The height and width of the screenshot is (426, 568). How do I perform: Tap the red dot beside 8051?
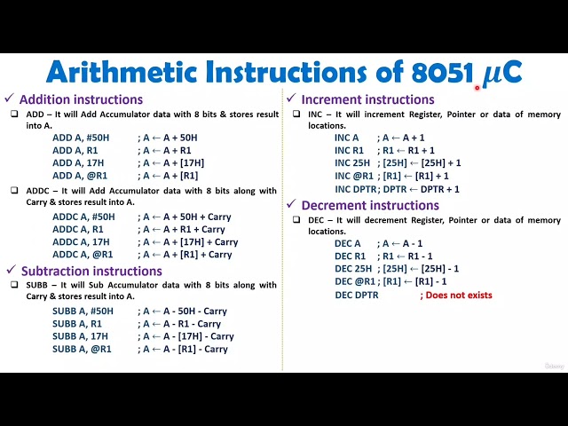click(477, 87)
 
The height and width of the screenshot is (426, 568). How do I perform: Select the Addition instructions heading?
click(81, 99)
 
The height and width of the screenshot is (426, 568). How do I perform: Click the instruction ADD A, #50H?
click(81, 138)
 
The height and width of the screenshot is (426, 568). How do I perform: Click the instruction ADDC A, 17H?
click(81, 241)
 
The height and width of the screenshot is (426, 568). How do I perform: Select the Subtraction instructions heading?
click(91, 271)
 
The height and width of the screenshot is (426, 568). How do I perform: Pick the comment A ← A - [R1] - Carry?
click(187, 349)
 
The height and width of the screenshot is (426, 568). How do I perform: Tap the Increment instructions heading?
click(367, 99)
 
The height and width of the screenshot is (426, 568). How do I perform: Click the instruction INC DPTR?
click(356, 189)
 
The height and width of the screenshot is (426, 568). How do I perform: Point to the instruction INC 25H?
click(352, 163)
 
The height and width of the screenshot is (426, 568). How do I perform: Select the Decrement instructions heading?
click(370, 205)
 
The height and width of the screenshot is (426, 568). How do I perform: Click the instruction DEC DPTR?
click(356, 295)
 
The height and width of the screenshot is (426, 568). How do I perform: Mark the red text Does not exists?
click(458, 295)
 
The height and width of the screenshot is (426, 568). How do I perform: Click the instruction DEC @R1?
click(354, 281)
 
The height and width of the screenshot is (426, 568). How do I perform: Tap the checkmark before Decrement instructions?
click(290, 205)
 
